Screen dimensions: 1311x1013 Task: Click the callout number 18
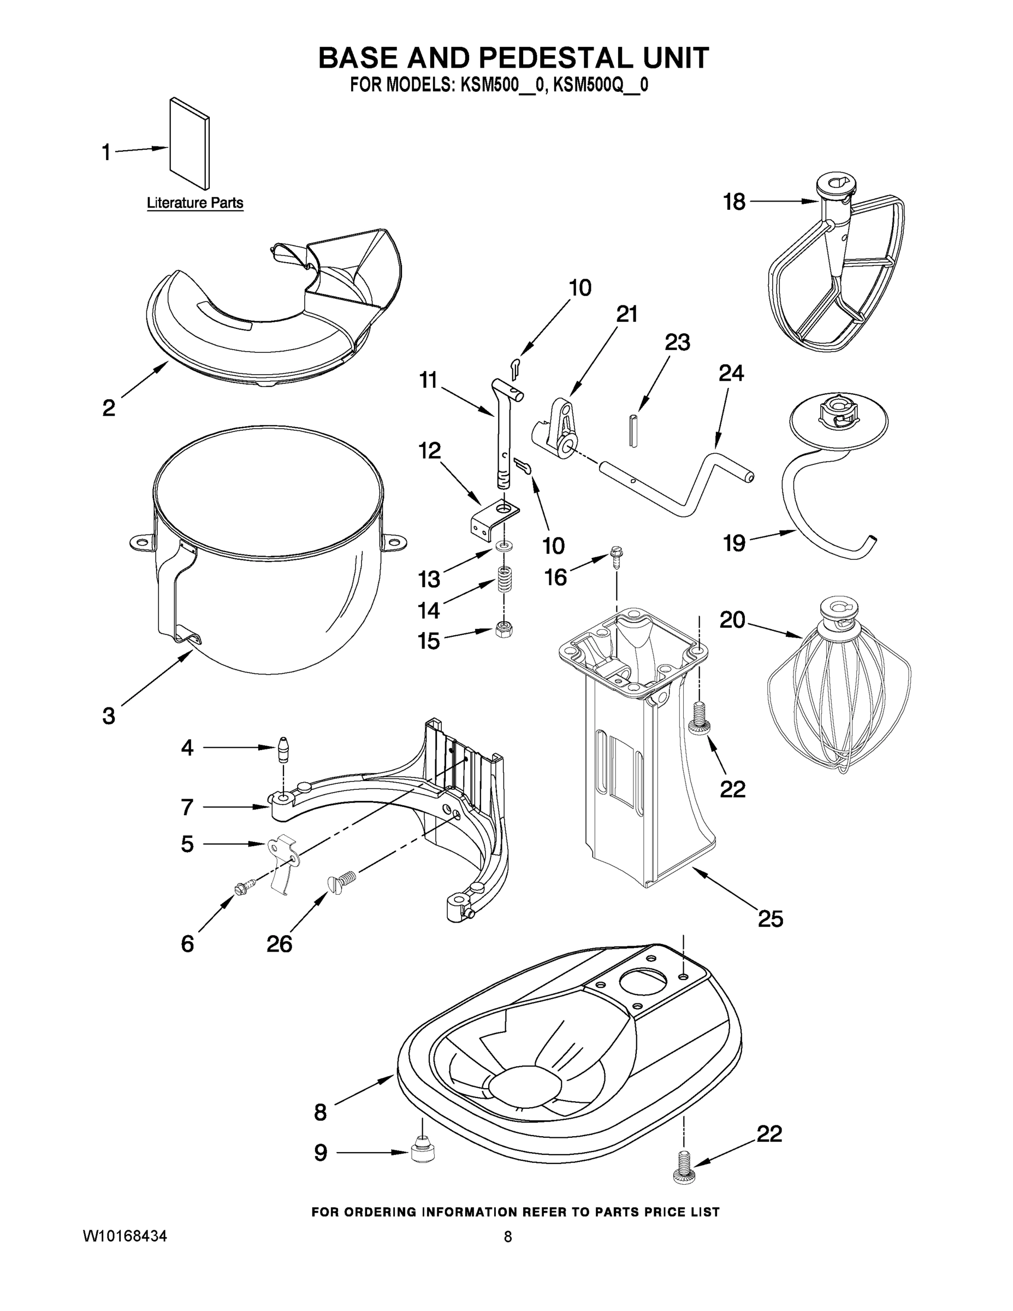734,202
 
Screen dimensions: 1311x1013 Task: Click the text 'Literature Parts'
195,203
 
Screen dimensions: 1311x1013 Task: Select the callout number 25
770,918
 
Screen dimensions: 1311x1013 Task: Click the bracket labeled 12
493,517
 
